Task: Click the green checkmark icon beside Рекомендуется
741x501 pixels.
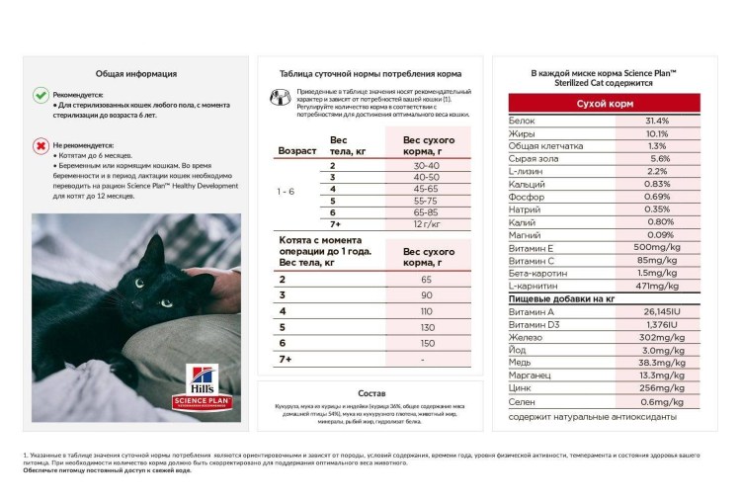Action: [x=41, y=95]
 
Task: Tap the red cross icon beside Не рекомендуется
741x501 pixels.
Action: [x=41, y=146]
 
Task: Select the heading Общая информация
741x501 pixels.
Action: [x=136, y=73]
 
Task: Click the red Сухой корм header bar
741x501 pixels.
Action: [x=605, y=103]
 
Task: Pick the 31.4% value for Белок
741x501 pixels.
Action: [x=657, y=121]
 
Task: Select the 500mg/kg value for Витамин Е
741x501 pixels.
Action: [x=657, y=247]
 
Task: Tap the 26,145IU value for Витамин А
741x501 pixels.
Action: [x=657, y=311]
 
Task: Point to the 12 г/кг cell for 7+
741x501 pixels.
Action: [x=427, y=224]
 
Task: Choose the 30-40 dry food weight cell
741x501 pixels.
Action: [x=427, y=165]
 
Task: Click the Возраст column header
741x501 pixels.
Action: [x=296, y=151]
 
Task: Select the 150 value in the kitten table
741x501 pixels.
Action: [x=427, y=343]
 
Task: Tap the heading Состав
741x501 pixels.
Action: [x=370, y=392]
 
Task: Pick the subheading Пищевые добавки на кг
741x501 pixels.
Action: [x=561, y=297]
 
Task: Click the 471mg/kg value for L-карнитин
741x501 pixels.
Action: [x=657, y=286]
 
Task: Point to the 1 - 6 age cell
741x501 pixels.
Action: [x=287, y=191]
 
